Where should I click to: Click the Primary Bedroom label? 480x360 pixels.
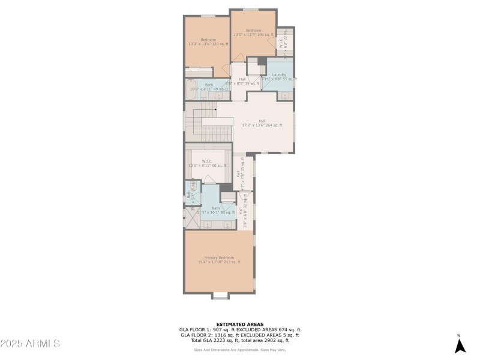(219, 260)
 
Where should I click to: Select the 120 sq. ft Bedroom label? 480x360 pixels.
(207, 42)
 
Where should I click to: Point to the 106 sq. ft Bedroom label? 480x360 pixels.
(253, 32)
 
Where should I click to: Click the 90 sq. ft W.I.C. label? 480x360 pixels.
(207, 163)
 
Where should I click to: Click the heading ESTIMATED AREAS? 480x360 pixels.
(239, 324)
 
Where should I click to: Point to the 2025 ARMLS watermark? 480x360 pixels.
(30, 344)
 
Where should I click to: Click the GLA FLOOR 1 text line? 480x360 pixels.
(239, 329)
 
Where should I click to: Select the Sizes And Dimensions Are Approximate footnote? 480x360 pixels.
(239, 350)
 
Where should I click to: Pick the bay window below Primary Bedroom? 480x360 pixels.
(220, 295)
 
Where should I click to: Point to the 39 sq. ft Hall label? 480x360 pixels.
(242, 81)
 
